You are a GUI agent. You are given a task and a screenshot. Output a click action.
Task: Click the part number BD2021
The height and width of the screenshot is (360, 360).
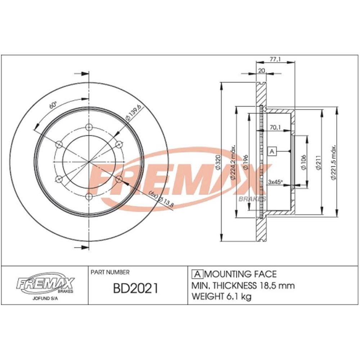tap(135, 288)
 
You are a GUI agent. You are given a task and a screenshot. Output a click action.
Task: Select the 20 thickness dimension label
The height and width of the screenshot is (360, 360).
tap(262, 71)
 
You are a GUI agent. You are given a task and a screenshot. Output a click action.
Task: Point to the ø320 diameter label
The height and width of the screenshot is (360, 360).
tap(218, 163)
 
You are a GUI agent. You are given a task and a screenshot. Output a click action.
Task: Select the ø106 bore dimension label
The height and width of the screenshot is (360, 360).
tap(303, 162)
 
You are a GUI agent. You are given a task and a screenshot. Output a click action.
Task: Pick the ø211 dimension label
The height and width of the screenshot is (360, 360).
tap(318, 162)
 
